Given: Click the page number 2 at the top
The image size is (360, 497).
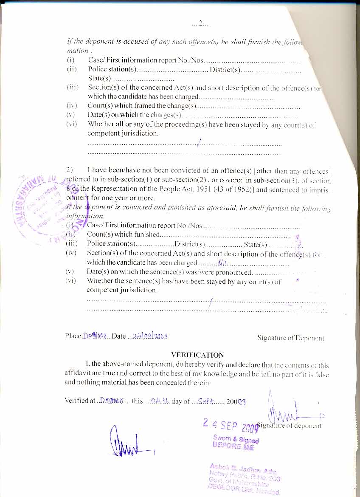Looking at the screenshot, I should pyautogui.click(x=200, y=23).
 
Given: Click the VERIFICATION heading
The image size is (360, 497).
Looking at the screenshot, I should pyautogui.click(x=197, y=355).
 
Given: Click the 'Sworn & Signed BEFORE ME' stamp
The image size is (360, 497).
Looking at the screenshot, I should pyautogui.click(x=236, y=442).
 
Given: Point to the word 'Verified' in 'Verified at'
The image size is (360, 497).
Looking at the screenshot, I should pyautogui.click(x=76, y=401).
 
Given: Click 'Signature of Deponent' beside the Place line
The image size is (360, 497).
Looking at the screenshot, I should pyautogui.click(x=290, y=338).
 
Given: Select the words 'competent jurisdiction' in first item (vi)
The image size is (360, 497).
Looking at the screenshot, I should pyautogui.click(x=123, y=133).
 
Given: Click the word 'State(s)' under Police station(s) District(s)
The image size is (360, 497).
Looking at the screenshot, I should pyautogui.click(x=99, y=79).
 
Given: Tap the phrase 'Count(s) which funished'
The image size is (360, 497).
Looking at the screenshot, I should pyautogui.click(x=123, y=234).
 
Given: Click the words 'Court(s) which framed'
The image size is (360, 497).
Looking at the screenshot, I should pyautogui.click(x=121, y=106).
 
